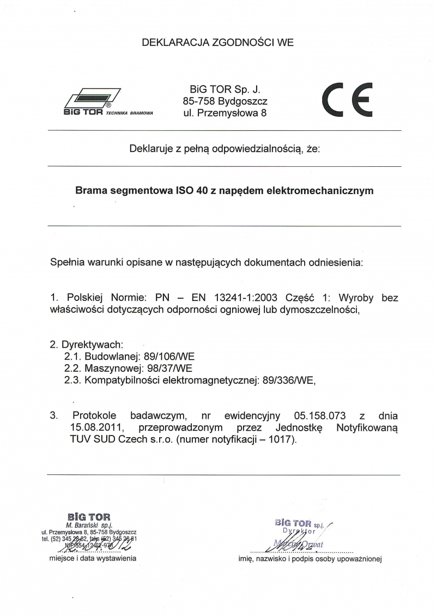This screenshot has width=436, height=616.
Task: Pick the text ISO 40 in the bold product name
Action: [189, 191]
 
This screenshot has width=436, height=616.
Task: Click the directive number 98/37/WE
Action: [167, 369]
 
